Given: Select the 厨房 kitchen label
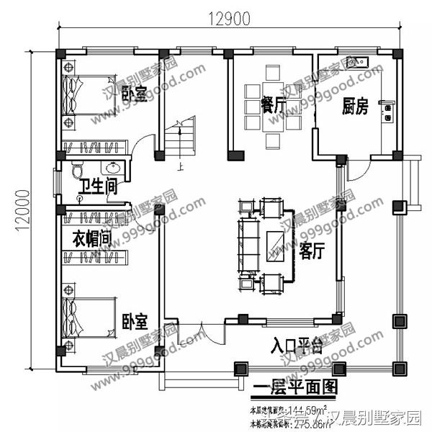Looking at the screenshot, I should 355,107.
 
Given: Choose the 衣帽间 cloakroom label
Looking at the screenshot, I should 91,238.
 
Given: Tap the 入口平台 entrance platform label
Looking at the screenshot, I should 295,343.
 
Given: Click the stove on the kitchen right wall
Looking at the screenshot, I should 390,112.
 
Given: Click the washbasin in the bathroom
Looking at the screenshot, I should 112,170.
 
